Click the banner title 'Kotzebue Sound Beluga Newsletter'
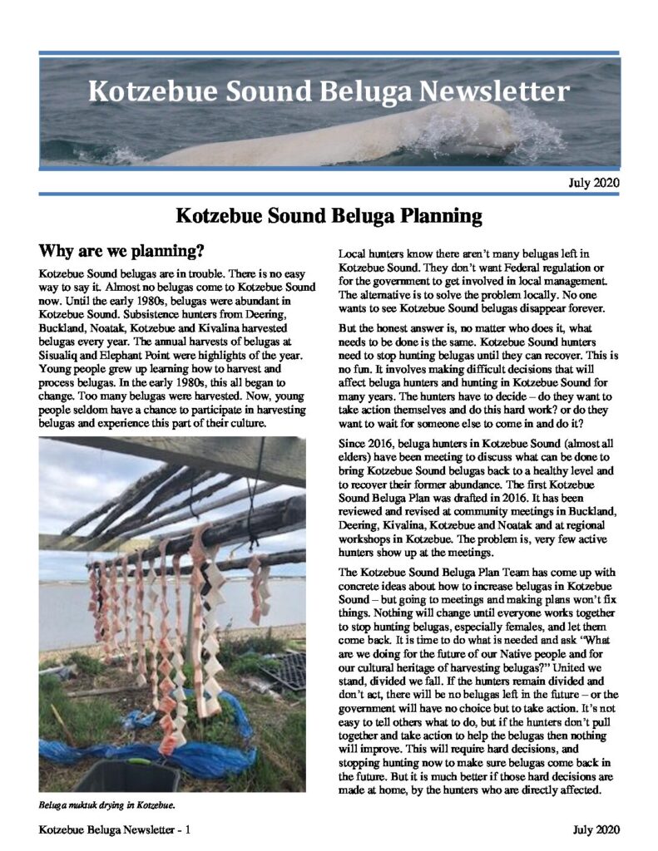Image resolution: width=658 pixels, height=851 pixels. coord(329,91)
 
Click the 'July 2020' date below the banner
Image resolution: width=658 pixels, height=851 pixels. coord(594,182)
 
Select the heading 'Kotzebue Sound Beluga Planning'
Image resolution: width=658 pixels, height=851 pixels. coord(329,217)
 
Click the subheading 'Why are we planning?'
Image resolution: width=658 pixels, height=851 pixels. coord(122,250)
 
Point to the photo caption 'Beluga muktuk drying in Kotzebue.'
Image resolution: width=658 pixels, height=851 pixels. coord(107,805)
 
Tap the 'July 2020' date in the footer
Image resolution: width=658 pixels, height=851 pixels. coord(595,830)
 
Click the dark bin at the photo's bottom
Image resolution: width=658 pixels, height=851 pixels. coord(125,776)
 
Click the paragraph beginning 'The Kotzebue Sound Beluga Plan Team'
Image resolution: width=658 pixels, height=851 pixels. coord(478,657)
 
